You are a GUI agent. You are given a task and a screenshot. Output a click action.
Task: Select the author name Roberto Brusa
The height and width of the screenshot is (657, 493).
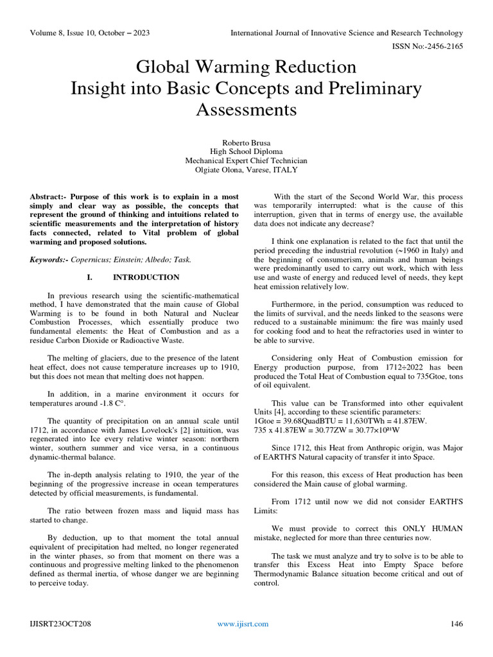pos(246,141)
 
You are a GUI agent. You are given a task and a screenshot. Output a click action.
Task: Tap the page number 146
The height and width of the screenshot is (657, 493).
pos(456,624)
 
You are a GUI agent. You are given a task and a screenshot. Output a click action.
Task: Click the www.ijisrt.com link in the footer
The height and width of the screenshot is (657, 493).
pos(243,624)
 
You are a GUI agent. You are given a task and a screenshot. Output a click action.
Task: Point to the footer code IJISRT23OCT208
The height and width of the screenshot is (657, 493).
pos(59,624)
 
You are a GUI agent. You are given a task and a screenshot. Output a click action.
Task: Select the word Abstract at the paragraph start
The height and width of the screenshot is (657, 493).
pos(47,196)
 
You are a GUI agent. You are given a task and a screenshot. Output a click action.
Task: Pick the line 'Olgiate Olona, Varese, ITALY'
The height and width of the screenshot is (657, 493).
pos(246,170)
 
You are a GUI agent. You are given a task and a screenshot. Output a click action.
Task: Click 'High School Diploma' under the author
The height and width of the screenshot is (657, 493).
pos(246,151)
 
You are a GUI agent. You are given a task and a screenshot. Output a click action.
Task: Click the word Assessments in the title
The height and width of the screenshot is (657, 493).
pos(246,110)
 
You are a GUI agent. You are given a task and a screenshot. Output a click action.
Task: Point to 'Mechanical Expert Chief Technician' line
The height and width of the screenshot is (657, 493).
pos(246,160)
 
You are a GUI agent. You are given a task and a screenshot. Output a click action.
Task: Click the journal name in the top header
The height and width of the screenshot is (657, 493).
pos(347,33)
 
